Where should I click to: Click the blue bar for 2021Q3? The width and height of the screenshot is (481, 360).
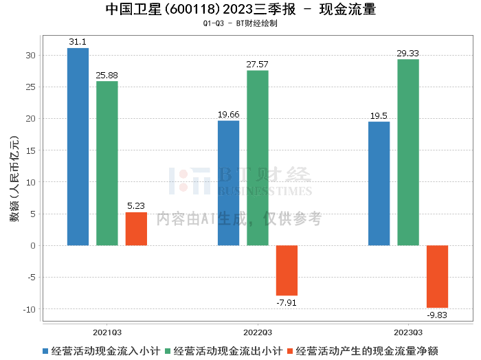78,146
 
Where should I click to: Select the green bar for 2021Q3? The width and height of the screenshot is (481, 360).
107,163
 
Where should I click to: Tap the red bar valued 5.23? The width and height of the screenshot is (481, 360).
136,229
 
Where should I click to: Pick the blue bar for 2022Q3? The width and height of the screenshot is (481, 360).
229,183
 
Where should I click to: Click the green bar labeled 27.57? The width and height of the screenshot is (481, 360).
258,158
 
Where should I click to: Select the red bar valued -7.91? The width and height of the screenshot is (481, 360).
287,271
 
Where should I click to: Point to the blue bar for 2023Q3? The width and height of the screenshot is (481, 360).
379,183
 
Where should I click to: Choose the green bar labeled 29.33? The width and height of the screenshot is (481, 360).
408,153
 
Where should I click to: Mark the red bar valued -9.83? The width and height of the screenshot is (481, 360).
438,277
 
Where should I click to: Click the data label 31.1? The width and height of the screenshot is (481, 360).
78,42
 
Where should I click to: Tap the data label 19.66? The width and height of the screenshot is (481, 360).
229,114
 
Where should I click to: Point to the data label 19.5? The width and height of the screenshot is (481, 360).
379,115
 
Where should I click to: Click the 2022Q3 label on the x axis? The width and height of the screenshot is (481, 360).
258,333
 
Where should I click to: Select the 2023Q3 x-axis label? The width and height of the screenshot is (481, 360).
408,333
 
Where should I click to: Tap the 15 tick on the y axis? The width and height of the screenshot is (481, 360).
31,150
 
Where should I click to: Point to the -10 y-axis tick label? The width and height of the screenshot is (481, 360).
30,309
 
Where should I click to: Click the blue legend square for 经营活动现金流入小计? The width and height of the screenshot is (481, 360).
45,351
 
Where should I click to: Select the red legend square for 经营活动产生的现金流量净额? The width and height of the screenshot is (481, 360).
290,351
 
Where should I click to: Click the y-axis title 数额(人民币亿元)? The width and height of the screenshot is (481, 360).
14,179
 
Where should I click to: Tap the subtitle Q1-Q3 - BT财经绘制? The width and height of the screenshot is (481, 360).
240,23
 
